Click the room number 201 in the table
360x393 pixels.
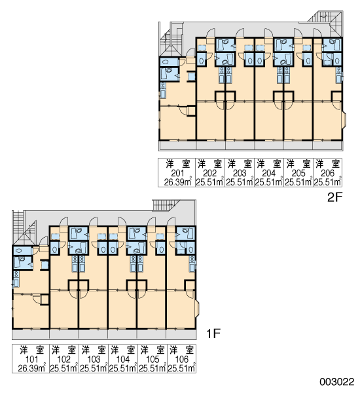point(177,173)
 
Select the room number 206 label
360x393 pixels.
point(327,173)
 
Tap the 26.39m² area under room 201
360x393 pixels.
point(178,182)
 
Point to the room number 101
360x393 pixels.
point(32,359)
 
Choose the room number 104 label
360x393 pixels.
point(123,359)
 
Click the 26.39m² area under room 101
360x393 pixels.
point(32,368)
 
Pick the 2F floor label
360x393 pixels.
point(334,197)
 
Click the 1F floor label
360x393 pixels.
point(213,333)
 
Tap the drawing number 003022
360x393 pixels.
point(337,382)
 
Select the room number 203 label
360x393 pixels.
point(240,173)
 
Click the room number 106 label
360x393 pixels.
point(181,359)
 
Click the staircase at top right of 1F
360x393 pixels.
point(167,205)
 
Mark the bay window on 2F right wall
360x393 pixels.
point(344,119)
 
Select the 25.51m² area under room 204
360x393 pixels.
point(269,182)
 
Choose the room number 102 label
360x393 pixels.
point(64,359)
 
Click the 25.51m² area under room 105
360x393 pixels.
point(153,368)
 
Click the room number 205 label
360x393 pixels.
point(298,173)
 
